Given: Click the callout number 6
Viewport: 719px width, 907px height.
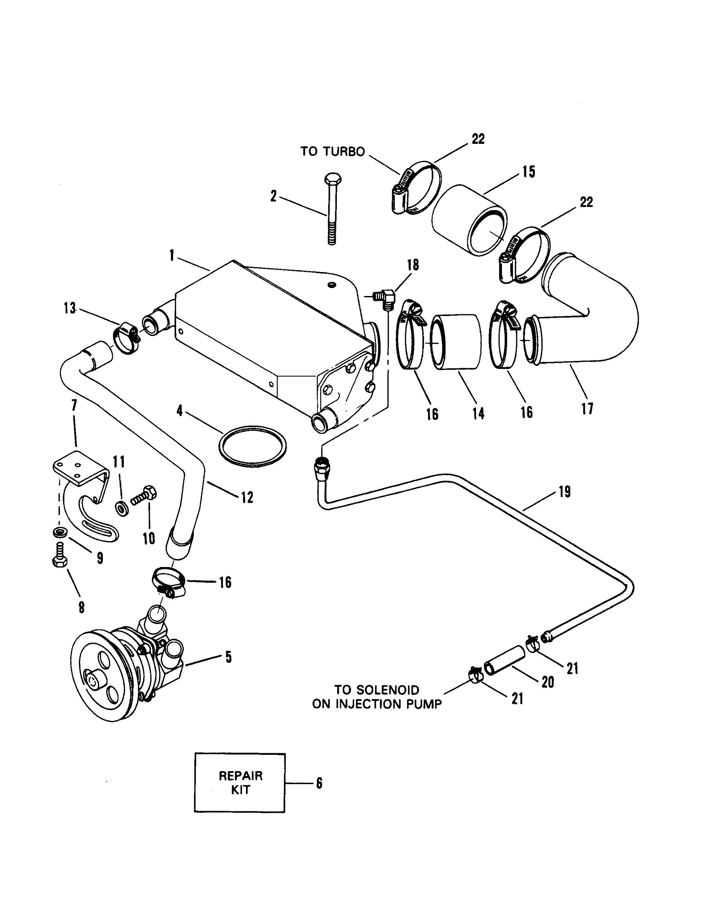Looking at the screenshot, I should pos(319,783).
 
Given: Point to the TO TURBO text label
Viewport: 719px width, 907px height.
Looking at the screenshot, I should pos(333,151).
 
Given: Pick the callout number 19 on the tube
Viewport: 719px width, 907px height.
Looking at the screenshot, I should pos(564,491).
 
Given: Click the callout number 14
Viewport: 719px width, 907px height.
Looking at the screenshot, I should pos(478,414).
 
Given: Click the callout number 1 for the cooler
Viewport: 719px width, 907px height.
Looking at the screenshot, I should pos(171,255).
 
